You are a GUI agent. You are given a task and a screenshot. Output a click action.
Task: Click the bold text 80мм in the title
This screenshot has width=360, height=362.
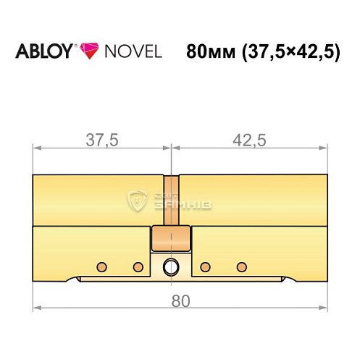pos(209,53)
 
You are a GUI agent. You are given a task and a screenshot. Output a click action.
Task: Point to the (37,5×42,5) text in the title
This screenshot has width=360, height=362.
pos(290,53)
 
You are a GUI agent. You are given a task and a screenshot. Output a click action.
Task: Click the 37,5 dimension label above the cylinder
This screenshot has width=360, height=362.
pos(101,140)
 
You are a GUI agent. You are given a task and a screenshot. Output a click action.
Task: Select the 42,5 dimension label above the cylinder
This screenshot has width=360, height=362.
pos(250,140)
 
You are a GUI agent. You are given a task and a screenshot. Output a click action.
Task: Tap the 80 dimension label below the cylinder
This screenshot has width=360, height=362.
pos(180,299)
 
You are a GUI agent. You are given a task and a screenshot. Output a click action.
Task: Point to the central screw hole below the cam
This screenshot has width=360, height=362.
pos(170,266)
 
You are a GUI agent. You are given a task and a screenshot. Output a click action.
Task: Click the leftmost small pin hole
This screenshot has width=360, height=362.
pos(102,265)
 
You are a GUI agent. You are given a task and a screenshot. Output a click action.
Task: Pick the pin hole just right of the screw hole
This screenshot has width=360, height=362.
pos(205,265)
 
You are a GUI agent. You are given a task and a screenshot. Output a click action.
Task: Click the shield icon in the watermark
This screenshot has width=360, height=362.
pos(136,201)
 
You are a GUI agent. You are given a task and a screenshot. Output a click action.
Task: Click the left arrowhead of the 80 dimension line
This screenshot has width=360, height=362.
pos(36,308)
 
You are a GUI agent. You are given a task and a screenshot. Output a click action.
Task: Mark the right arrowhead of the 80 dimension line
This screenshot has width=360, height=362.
pos(324,308)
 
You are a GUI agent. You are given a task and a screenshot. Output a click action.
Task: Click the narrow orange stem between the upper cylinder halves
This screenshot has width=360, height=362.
pos(170,201)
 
